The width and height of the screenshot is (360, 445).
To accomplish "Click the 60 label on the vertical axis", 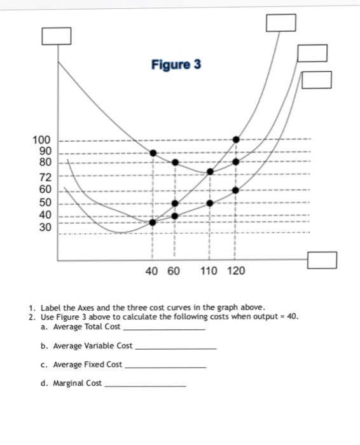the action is pos(41,189).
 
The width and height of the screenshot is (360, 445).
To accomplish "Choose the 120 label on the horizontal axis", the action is pos(235,271).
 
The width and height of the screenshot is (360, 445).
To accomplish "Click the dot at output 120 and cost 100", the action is pos(236,139).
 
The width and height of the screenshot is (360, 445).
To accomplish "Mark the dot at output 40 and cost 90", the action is pos(153,153).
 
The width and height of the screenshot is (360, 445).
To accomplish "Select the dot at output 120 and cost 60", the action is pos(236,189).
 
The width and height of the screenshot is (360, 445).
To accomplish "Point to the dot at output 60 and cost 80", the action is pos(176,162).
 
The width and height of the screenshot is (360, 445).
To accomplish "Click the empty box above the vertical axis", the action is pos(56,37).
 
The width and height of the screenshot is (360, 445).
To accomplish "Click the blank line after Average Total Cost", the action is pos(163,329).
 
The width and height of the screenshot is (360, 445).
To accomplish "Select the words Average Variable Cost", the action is pos(93,346).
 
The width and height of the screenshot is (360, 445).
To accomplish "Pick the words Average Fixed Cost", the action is pos(88,364).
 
